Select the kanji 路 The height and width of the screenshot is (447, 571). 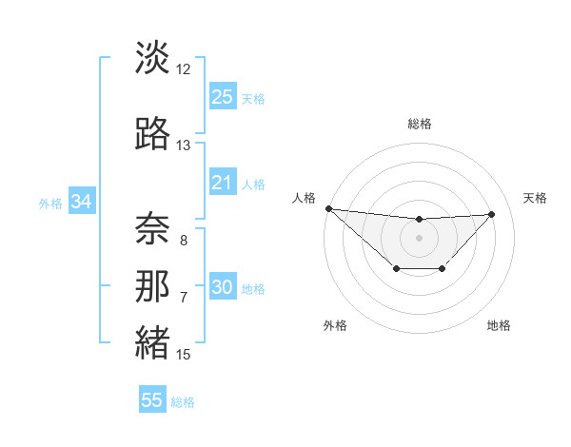(152, 134)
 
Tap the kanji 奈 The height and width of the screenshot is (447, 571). (152, 227)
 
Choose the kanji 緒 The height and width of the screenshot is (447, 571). (152, 343)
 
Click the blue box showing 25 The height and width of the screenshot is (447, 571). (222, 97)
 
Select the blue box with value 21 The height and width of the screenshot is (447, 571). (222, 183)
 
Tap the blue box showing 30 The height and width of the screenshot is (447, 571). (222, 288)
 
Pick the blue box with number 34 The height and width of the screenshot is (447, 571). (81, 202)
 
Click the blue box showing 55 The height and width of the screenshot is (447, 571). (152, 400)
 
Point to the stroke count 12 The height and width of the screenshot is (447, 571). (184, 69)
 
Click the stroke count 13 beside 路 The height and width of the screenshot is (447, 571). (184, 146)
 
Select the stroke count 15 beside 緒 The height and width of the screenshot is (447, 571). (184, 355)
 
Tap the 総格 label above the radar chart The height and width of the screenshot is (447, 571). (419, 124)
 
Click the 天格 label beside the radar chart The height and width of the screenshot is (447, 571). (536, 198)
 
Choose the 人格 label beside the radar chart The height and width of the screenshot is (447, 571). (303, 198)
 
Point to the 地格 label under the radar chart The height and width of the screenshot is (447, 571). (499, 325)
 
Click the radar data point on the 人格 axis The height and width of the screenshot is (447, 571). (328, 208)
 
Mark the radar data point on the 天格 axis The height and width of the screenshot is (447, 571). (492, 214)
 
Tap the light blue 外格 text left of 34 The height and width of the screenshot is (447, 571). (50, 203)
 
